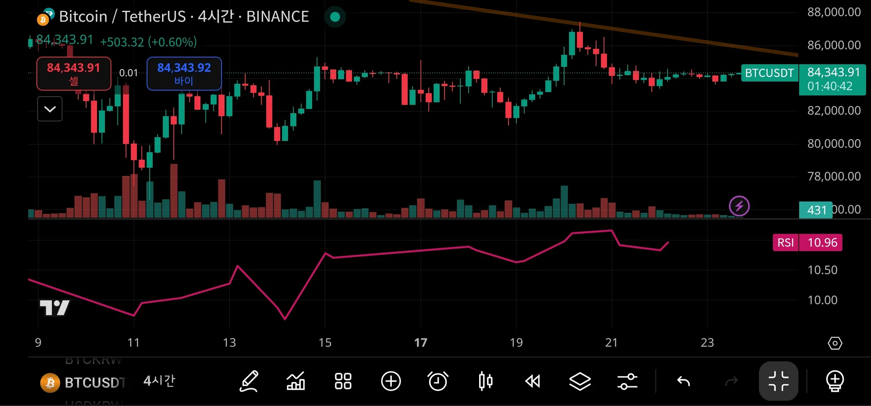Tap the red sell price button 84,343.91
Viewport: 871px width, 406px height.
click(x=73, y=73)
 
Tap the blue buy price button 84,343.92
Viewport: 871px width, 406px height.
click(x=184, y=73)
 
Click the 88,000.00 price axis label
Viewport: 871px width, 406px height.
click(x=834, y=12)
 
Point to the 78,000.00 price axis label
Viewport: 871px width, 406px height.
click(x=834, y=176)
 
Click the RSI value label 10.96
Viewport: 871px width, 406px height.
click(x=822, y=243)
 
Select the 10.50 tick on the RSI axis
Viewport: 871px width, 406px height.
click(x=822, y=270)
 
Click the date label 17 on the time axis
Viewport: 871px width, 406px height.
click(x=421, y=342)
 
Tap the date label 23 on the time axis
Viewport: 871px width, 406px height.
click(x=707, y=342)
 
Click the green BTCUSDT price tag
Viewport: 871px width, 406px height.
click(x=769, y=73)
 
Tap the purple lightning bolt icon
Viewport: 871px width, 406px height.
click(x=739, y=206)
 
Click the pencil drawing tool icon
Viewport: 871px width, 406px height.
click(x=249, y=381)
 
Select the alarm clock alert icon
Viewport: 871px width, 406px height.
click(x=438, y=381)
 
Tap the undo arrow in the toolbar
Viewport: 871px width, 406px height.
click(x=683, y=381)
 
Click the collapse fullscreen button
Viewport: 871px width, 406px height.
click(x=778, y=381)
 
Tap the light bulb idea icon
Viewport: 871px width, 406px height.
click(x=835, y=381)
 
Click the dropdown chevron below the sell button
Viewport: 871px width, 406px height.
click(x=50, y=109)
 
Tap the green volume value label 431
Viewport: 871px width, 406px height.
click(x=816, y=210)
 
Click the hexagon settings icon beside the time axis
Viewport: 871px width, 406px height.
click(x=835, y=343)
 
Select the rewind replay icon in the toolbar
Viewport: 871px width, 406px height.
click(x=533, y=381)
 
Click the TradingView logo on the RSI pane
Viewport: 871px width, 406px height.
click(x=54, y=308)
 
